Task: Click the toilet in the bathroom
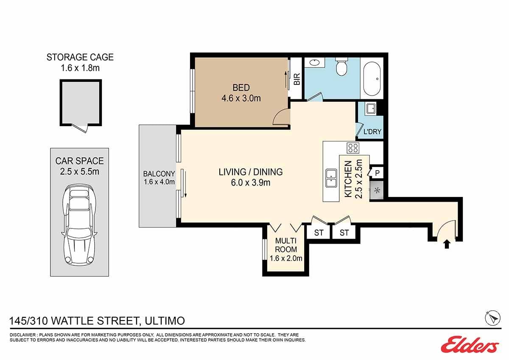pos(341,66)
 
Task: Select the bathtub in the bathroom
pos(372,78)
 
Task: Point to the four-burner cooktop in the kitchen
pos(353,148)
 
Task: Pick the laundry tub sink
pos(371,109)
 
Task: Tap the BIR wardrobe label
pos(297,79)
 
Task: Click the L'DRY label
pos(372,132)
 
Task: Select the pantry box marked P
pos(377,173)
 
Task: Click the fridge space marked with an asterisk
pos(377,190)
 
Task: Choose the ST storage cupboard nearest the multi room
pos(319,232)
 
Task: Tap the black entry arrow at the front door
pos(447,245)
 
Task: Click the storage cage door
pos(80,129)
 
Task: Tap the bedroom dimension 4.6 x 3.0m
pos(241,98)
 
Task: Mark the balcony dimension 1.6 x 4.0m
pos(159,182)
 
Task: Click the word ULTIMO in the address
pos(165,321)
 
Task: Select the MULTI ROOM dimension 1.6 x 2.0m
pos(286,259)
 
